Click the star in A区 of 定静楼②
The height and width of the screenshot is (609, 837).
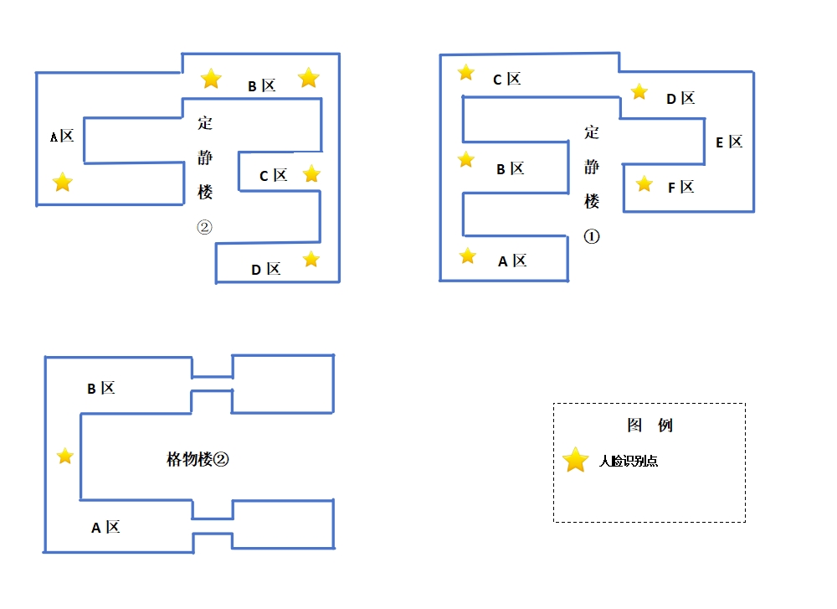click(x=63, y=182)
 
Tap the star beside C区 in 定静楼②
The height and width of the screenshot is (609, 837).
click(x=311, y=173)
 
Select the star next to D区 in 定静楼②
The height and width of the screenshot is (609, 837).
click(x=311, y=259)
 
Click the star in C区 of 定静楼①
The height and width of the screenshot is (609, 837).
click(x=466, y=73)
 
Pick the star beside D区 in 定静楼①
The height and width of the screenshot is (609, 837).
click(x=639, y=91)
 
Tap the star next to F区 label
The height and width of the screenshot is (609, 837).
click(x=644, y=183)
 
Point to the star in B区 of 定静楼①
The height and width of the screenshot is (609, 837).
click(x=466, y=159)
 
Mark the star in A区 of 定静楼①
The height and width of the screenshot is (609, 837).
click(x=468, y=255)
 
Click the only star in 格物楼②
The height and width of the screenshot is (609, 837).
click(x=64, y=457)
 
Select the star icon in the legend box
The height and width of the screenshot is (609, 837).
click(x=576, y=460)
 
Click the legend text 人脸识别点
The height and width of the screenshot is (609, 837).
click(x=629, y=461)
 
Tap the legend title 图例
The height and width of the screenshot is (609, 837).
click(x=650, y=426)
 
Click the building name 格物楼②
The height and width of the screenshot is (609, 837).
click(x=198, y=459)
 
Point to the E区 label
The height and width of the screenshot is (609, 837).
click(x=729, y=142)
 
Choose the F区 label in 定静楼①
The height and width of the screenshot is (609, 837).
click(x=681, y=188)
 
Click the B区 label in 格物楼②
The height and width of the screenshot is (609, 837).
click(x=101, y=389)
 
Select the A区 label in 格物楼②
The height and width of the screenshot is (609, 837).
click(x=105, y=528)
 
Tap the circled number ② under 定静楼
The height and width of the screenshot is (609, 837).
click(x=205, y=227)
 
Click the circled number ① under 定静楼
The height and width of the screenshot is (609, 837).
click(x=592, y=236)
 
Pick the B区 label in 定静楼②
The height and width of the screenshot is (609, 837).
click(x=262, y=86)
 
